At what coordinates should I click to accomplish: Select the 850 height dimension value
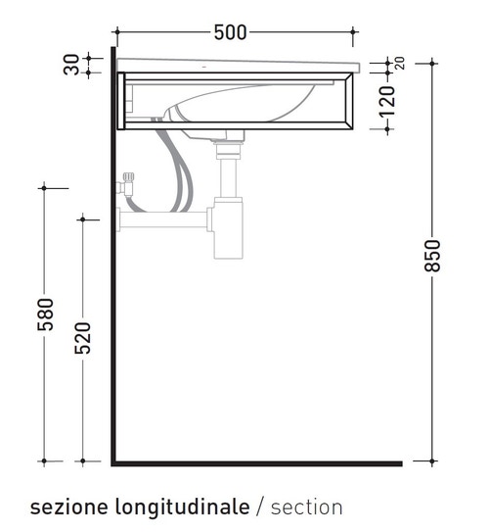click(x=433, y=256)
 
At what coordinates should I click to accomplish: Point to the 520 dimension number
click(x=83, y=338)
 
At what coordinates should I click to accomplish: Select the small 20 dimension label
click(x=399, y=63)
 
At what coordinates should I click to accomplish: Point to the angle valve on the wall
click(x=124, y=186)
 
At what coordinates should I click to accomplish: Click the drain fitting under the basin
click(x=229, y=147)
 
